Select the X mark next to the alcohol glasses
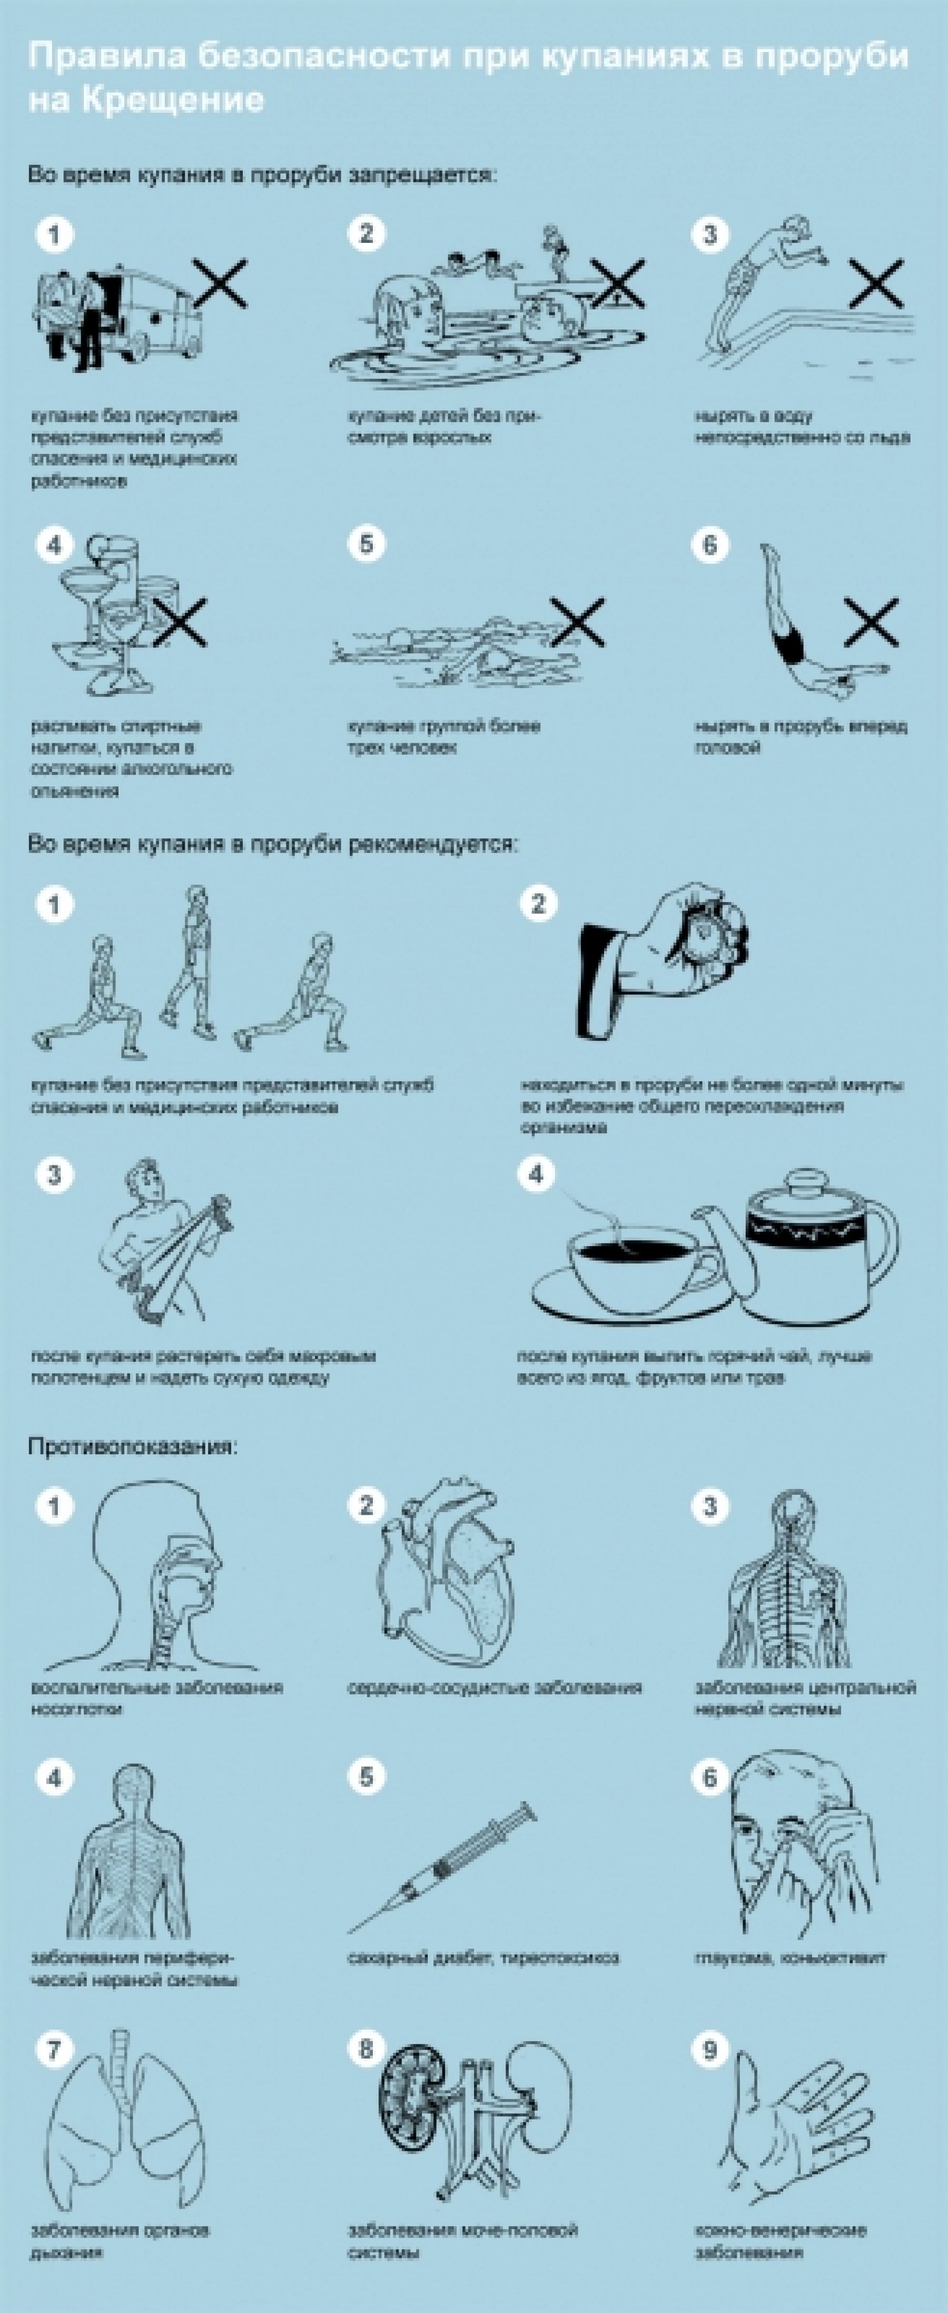pos(181,621)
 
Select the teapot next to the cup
pos(808,1243)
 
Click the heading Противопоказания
pos(133,1446)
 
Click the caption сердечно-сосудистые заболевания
pos(495,1688)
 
